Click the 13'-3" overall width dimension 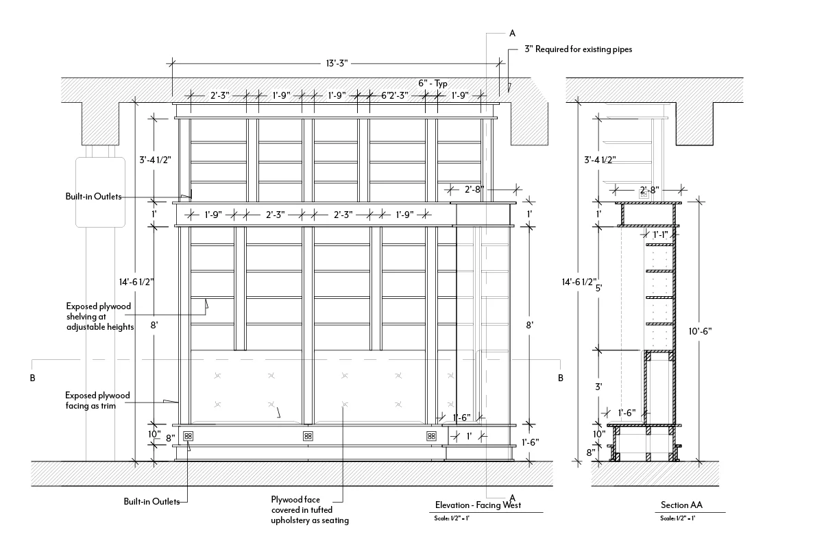337,63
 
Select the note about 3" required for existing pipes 578,49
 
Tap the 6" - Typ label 433,84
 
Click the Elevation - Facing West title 478,506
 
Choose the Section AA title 681,506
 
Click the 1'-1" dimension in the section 660,234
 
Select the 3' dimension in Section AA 598,387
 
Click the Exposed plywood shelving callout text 99,316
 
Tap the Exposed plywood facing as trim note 97,400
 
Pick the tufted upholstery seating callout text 310,510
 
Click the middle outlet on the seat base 307,435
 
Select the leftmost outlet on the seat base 188,435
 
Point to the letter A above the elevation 512,32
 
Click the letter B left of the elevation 32,378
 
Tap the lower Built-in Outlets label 151,501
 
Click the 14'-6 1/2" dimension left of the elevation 134,281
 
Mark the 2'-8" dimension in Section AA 648,189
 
